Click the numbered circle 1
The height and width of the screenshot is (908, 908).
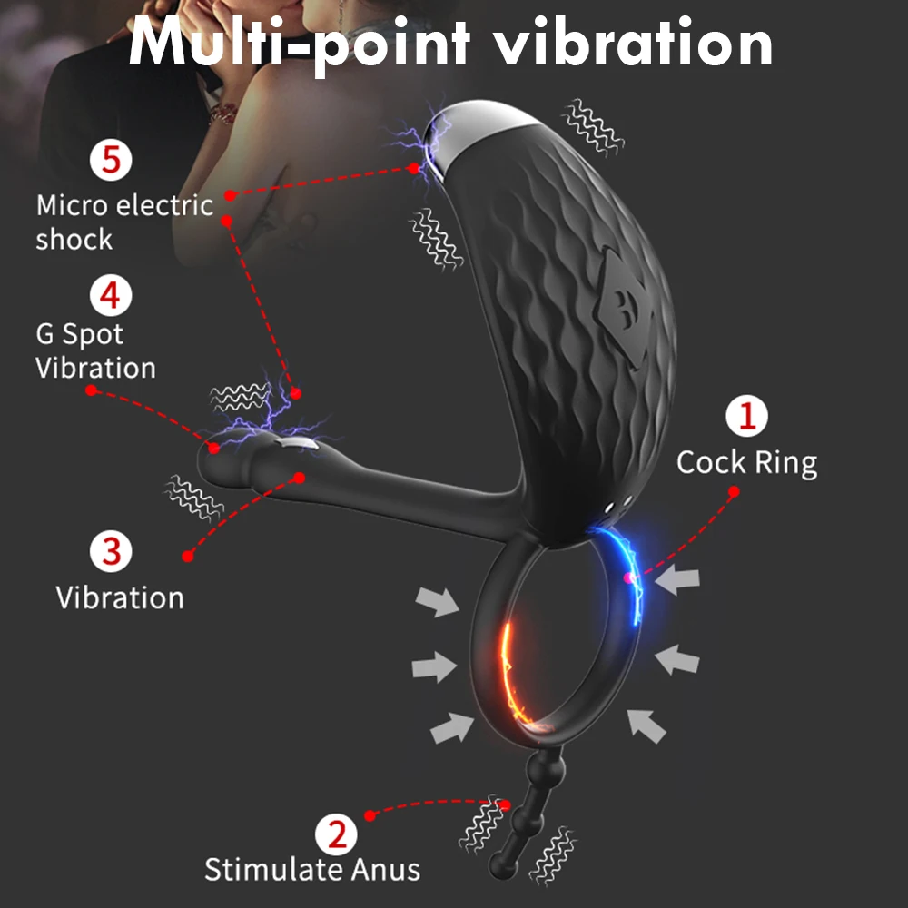click(x=747, y=417)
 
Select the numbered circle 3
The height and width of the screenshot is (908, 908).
click(x=112, y=551)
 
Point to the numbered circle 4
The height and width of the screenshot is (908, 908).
click(x=110, y=295)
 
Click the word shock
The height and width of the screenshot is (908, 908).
click(x=74, y=240)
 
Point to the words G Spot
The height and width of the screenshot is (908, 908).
click(x=79, y=334)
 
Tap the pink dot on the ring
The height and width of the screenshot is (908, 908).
click(x=627, y=578)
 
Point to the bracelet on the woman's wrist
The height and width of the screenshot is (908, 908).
click(x=222, y=113)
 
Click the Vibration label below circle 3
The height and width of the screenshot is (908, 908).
click(x=120, y=597)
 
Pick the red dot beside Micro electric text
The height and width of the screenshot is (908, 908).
click(x=230, y=194)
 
